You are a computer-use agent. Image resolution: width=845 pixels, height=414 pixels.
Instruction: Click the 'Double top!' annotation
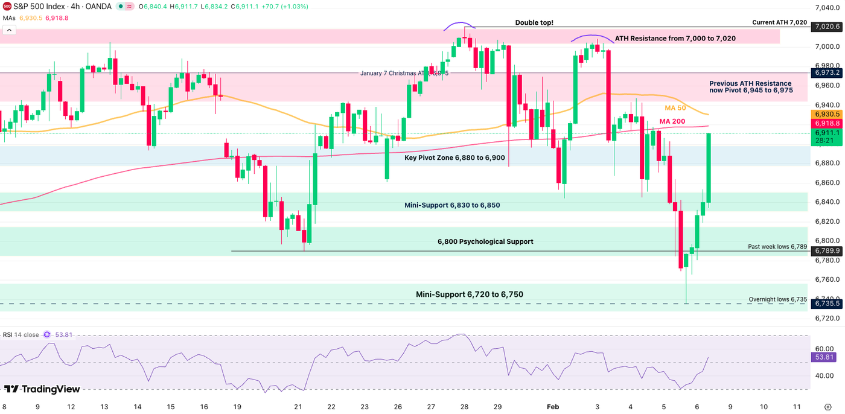534,23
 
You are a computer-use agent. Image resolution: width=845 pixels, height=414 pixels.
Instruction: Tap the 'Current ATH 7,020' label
779,22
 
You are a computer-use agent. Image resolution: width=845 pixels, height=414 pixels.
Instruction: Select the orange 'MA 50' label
676,108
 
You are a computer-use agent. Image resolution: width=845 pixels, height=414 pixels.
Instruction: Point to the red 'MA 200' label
672,122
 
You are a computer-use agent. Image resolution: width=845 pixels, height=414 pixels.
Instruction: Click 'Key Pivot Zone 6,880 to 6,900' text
454,158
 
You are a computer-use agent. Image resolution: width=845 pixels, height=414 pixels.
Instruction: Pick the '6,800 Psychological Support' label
485,242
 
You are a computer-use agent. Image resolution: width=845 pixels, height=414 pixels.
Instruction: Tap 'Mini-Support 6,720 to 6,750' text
469,295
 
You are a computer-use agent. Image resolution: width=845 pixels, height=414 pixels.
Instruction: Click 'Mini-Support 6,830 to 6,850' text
452,206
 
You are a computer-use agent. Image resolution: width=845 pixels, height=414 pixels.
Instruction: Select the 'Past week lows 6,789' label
777,246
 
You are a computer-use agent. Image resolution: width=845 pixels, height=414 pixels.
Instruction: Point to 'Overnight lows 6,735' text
777,299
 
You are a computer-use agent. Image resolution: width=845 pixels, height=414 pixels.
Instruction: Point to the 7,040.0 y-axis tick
827,8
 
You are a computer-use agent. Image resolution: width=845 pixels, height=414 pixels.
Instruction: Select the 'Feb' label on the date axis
553,407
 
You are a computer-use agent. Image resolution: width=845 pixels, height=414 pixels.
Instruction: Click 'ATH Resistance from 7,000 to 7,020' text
675,39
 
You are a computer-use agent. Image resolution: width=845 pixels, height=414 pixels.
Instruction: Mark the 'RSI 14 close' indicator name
21,334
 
